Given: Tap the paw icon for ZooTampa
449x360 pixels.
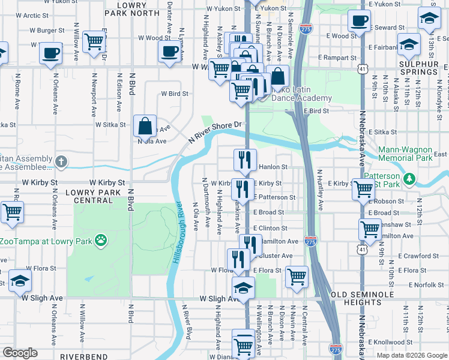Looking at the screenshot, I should tap(101, 241).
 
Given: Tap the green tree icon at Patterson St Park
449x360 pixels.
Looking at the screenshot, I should tap(409, 179).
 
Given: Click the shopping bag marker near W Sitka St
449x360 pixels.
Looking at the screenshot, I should tap(145, 127).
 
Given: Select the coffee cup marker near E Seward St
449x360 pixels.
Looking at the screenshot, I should tap(359, 21).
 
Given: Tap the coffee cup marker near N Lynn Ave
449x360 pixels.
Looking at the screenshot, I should tap(169, 52).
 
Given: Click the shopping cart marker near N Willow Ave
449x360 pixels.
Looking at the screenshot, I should tap(94, 41).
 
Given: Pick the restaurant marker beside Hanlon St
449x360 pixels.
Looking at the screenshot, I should tap(245, 160).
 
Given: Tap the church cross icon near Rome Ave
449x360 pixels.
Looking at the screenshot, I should tap(61, 162).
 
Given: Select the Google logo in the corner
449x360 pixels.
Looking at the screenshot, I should tap(20, 353).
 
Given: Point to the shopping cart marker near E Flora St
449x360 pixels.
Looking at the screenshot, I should tap(297, 277).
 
